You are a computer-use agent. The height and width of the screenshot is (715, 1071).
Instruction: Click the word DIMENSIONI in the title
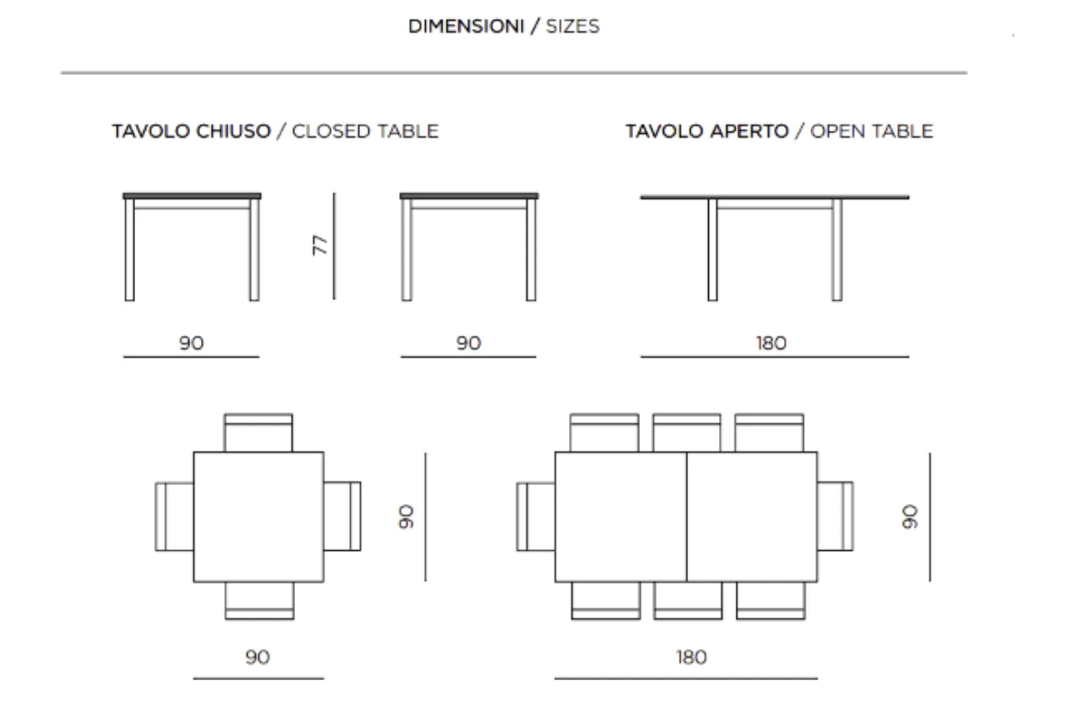(466, 26)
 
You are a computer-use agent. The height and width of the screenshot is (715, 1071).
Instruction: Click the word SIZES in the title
(573, 26)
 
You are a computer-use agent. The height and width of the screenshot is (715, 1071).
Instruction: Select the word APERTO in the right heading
(749, 131)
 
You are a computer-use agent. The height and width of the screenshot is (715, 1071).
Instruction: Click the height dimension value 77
(321, 245)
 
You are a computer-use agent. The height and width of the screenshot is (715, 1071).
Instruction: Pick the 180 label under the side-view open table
(771, 343)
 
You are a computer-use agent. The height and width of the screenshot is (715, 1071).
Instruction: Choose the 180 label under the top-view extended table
(691, 657)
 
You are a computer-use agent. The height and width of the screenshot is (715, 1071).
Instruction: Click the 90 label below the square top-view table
(258, 657)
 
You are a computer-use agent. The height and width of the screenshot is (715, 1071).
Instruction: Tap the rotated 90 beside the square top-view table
(406, 517)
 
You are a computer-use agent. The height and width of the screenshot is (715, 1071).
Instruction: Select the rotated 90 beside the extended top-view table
(910, 517)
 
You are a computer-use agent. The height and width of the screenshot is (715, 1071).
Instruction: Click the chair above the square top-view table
(258, 433)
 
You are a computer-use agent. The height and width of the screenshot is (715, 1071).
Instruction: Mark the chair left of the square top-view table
(174, 517)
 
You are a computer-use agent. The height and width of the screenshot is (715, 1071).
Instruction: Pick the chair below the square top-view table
(260, 600)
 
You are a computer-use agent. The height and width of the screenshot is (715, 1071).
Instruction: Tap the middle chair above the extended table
(687, 433)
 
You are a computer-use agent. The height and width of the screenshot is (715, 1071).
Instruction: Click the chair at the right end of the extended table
(835, 517)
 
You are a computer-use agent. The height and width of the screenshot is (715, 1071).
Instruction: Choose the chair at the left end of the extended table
(535, 517)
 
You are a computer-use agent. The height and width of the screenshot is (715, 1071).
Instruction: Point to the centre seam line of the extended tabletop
(687, 517)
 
